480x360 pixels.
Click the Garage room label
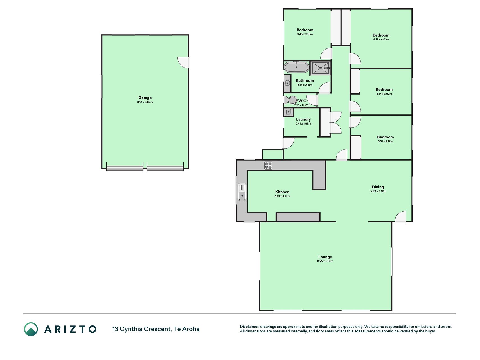pos(145,98)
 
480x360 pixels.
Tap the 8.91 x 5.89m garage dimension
pos(145,102)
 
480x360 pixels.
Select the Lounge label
pos(325,257)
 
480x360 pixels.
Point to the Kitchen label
pos(282,192)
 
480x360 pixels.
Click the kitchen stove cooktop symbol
pos(268,165)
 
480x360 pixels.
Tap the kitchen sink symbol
pos(242,192)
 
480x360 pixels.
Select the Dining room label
pos(378,187)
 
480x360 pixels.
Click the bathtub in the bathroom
pos(296,67)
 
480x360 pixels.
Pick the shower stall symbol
pos(320,68)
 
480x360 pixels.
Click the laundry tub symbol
pos(288,112)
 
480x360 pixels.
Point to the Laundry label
pos(303,119)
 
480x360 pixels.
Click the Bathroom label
pos(305,80)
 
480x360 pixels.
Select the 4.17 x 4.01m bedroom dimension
pos(381,40)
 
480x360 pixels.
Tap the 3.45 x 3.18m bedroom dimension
pos(305,34)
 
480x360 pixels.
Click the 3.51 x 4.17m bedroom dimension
pos(385,141)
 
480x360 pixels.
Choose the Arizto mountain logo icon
pos(31,329)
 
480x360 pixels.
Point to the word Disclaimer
pos(249,327)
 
